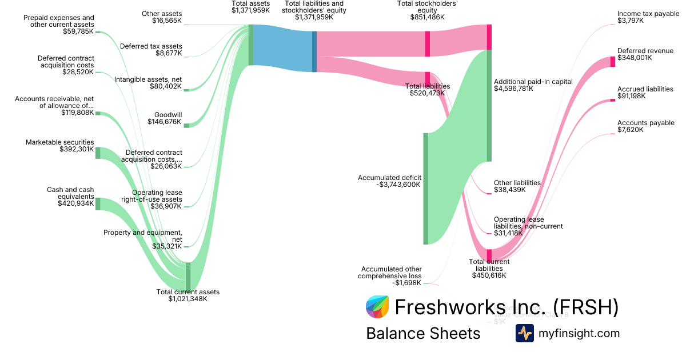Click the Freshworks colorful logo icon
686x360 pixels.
pyautogui.click(x=377, y=307)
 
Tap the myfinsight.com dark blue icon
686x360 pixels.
pyautogui.click(x=524, y=333)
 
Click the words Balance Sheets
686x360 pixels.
pyautogui.click(x=423, y=333)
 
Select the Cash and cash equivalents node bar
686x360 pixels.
pyautogui.click(x=98, y=204)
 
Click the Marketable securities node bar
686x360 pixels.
pyautogui.click(x=98, y=153)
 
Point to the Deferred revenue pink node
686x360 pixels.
pyautogui.click(x=613, y=62)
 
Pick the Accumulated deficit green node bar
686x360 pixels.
pyautogui.click(x=425, y=189)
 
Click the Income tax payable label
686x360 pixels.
pyautogui.click(x=647, y=14)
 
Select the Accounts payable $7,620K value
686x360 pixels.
pyautogui.click(x=630, y=130)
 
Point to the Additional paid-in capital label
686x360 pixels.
pyautogui.click(x=533, y=82)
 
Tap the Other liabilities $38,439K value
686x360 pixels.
pyautogui.click(x=509, y=190)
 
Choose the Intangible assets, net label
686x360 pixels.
pyautogui.click(x=148, y=79)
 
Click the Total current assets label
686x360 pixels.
pyautogui.click(x=188, y=292)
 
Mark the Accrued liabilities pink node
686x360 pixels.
pyautogui.click(x=613, y=101)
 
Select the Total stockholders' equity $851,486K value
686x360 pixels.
pyautogui.click(x=428, y=17)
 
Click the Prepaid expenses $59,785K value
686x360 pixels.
pyautogui.click(x=78, y=31)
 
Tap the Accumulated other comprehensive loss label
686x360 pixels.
pyautogui.click(x=390, y=273)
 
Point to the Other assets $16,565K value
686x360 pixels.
pyautogui.click(x=167, y=21)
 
